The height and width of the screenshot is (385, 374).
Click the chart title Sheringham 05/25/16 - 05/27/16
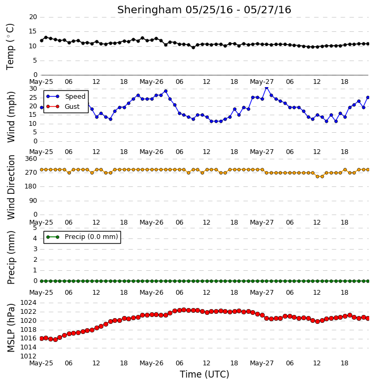click(x=204, y=10)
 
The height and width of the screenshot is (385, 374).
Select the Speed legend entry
click(x=66, y=97)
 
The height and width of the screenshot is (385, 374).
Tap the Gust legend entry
click(x=63, y=107)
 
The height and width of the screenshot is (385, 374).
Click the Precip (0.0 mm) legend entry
click(x=82, y=237)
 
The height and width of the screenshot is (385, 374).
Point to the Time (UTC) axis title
click(x=204, y=374)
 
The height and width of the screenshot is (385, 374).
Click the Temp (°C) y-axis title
click(x=10, y=47)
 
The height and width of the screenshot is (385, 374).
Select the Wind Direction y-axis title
click(x=11, y=187)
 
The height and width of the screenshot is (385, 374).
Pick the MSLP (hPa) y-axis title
click(x=11, y=328)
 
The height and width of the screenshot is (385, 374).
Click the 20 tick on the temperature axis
click(x=33, y=17)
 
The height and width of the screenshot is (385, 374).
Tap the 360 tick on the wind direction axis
click(x=31, y=159)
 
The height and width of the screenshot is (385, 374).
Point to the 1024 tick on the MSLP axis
click(x=28, y=303)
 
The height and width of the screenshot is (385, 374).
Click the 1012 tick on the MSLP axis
click(x=28, y=356)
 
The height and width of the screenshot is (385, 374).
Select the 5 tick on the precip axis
click(x=35, y=228)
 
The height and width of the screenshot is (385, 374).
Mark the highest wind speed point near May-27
click(x=267, y=88)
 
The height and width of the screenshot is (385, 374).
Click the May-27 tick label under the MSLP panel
click(x=262, y=363)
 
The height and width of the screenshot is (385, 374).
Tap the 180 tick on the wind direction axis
click(x=31, y=186)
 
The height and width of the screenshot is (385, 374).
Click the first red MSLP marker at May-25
click(x=41, y=339)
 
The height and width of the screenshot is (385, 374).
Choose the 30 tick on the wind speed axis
click(x=33, y=89)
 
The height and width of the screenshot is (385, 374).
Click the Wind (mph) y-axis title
click(x=11, y=117)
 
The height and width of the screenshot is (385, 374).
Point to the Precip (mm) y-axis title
click(x=11, y=258)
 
